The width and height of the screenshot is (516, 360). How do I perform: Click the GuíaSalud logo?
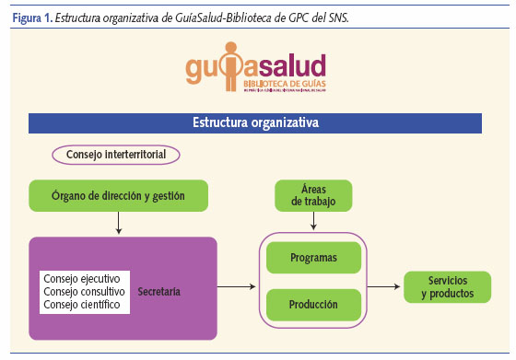click(x=257, y=72)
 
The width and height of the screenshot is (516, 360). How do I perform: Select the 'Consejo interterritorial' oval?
click(x=116, y=155)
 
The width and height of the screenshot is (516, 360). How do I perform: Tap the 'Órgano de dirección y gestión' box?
click(x=118, y=195)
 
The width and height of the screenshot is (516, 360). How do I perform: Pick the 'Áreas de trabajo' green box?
click(x=315, y=195)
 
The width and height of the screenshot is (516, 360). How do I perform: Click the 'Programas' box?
click(x=313, y=258)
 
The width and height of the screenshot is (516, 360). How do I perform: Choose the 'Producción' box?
click(x=313, y=304)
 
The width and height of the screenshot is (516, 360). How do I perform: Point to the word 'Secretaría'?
click(x=158, y=292)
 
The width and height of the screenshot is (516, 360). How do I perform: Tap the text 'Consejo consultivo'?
click(x=88, y=292)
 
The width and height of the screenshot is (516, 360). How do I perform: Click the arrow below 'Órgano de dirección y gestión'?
click(x=118, y=223)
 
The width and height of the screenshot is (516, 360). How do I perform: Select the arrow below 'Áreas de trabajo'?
click(x=315, y=221)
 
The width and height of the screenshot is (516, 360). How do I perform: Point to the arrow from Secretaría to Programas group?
click(x=236, y=287)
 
